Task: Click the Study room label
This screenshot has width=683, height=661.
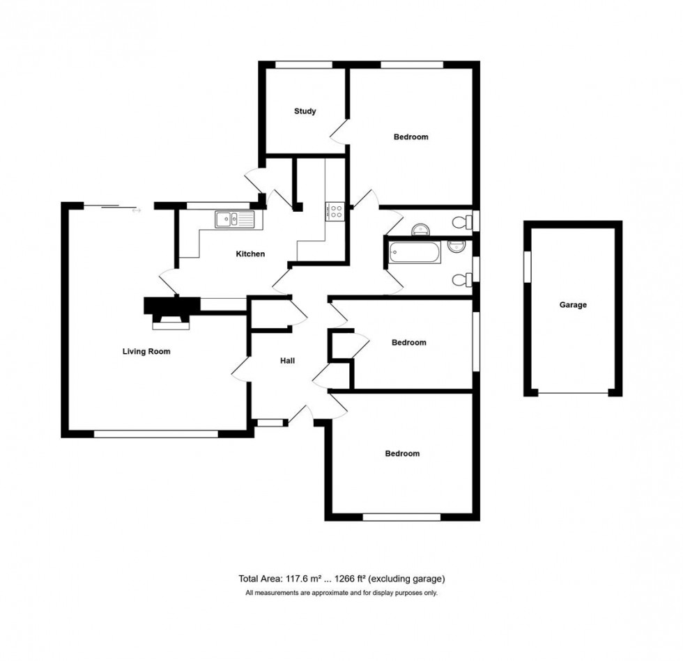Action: point(305,111)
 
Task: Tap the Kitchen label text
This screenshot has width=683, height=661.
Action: point(250,254)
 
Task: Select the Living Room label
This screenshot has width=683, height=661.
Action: point(146,352)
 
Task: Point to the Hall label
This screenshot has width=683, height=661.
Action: point(287,361)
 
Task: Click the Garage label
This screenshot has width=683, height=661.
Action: point(573,305)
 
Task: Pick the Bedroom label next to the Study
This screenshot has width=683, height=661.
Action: point(410,137)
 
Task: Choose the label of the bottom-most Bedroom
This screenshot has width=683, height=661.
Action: point(402,453)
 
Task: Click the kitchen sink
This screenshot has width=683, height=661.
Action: point(236,220)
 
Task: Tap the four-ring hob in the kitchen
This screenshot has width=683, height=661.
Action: point(335,210)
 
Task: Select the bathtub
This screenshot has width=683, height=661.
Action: point(414,251)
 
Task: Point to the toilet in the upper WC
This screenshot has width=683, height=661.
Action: point(459,223)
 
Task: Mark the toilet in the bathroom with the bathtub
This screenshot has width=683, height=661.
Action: point(459,280)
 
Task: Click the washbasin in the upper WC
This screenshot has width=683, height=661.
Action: point(421,231)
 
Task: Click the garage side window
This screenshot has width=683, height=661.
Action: point(528,267)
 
